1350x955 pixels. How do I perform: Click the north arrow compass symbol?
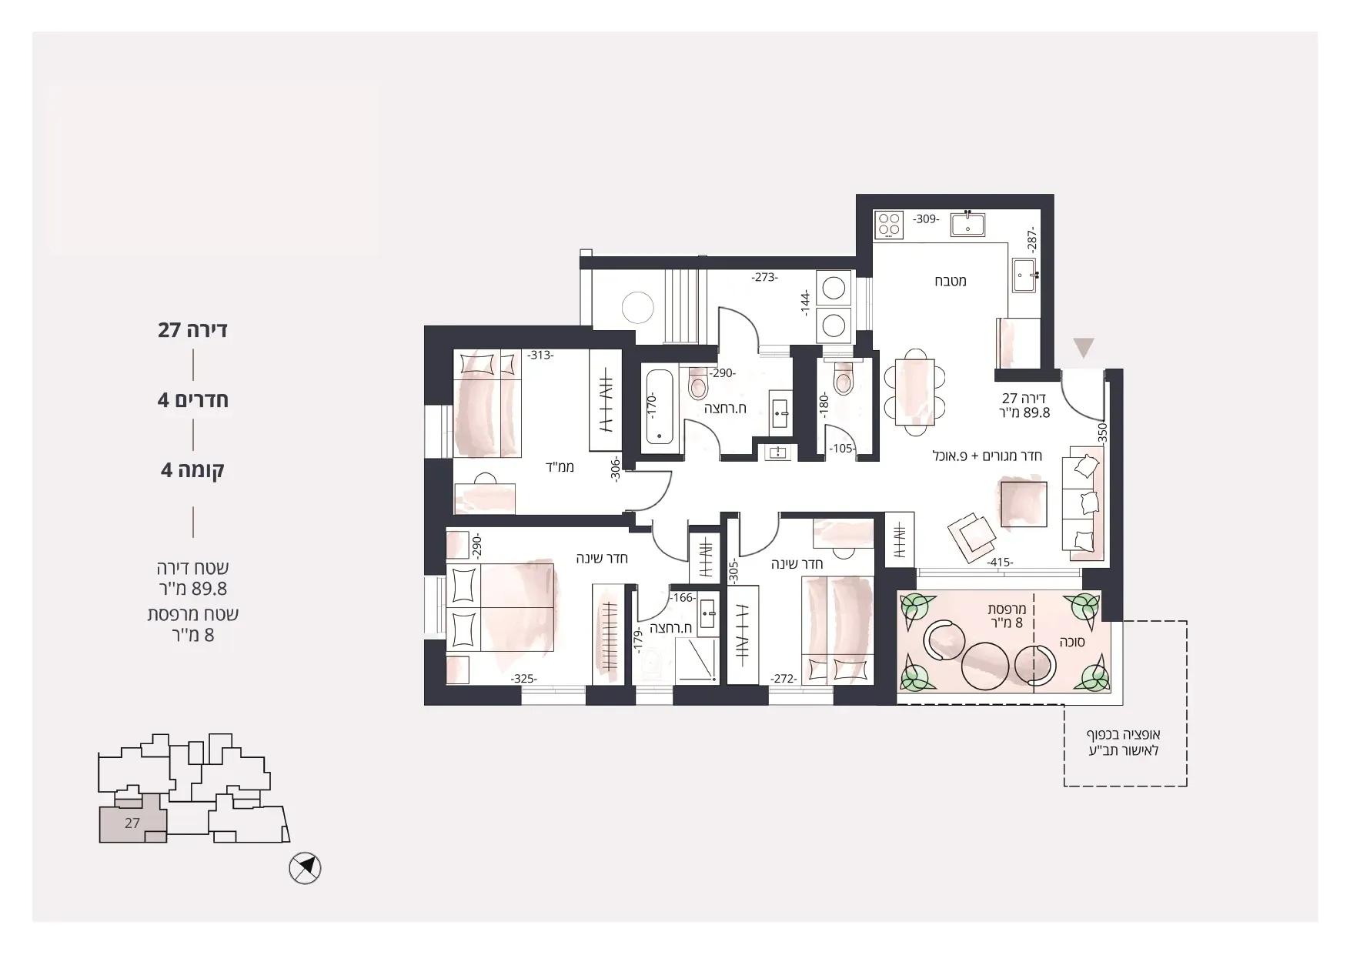coord(305,869)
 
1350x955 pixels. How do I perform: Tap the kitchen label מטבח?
coord(951,281)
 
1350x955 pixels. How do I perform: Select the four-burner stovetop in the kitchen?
coord(890,224)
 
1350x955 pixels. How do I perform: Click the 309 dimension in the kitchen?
coord(926,219)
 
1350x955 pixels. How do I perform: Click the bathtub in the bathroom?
coord(660,407)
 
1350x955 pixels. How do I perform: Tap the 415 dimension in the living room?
coord(1001,563)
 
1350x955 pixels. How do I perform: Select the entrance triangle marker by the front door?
coord(1084,348)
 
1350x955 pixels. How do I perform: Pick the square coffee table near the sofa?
coord(1024,504)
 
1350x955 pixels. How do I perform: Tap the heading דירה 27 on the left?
coord(192,330)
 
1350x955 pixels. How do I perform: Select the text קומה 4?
coord(192,469)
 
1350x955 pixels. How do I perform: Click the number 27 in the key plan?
coord(132,823)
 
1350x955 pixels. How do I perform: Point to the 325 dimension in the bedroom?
coord(523,679)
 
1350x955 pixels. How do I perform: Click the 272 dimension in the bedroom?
coord(784,679)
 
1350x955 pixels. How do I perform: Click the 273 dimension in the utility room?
coord(765,277)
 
